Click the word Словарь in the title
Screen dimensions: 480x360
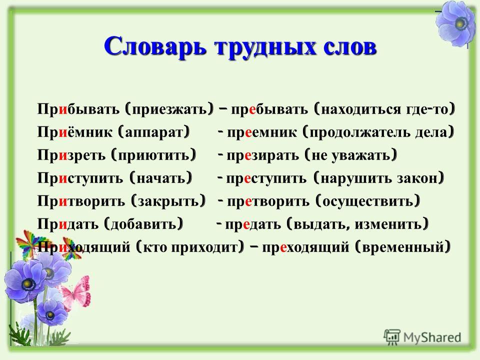[154, 46]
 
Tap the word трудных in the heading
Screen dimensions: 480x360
[261, 48]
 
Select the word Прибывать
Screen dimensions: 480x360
[78, 109]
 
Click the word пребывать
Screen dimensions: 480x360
[269, 109]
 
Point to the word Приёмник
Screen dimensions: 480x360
[75, 132]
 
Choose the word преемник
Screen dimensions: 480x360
[262, 132]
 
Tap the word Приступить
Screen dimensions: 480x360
[80, 178]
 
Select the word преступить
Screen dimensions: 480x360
[266, 178]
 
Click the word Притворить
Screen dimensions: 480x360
[81, 201]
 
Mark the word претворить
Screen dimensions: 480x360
[268, 201]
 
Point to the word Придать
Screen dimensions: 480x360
[67, 224]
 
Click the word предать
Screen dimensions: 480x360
[253, 224]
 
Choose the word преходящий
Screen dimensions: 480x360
[305, 247]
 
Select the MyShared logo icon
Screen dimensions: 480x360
[392, 337]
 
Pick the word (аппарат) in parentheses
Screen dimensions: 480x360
[153, 132]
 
